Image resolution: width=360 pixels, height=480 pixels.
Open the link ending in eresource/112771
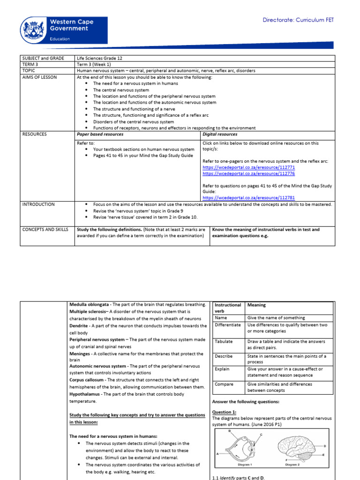coord(248,167)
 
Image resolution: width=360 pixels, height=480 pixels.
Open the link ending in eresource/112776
coord(248,173)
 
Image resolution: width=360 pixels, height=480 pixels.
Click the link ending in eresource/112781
coord(248,198)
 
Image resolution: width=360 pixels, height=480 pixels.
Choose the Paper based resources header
coord(100,134)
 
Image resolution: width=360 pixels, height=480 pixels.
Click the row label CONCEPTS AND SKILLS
coord(45,230)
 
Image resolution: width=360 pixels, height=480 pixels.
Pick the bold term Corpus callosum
coord(87,380)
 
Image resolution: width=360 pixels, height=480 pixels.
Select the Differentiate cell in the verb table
coord(228,325)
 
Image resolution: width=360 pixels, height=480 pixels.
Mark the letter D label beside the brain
coord(325,446)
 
